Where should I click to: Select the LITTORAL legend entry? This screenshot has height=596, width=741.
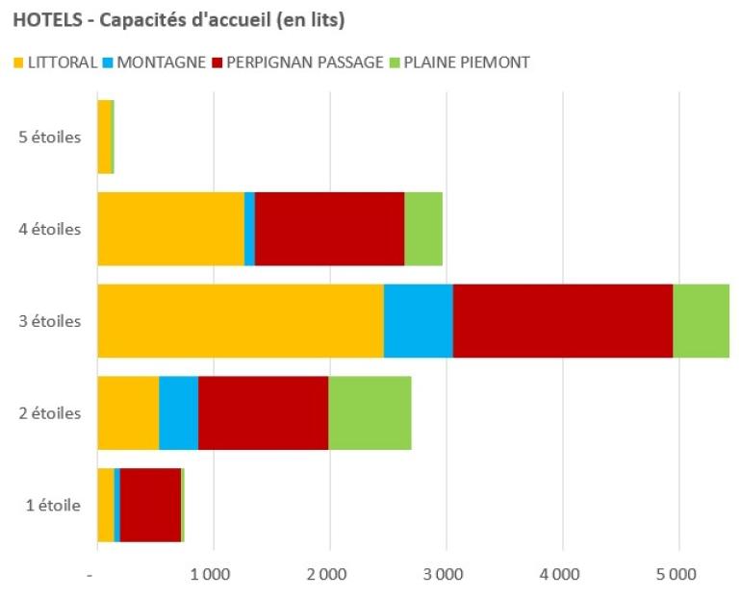(57, 63)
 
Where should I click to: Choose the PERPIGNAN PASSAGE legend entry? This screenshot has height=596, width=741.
(302, 63)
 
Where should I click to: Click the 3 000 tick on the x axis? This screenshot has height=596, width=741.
(446, 576)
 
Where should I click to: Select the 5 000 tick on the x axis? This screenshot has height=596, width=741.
(678, 576)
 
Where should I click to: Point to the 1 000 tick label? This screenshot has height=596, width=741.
(213, 576)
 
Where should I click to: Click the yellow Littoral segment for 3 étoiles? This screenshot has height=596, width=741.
(241, 321)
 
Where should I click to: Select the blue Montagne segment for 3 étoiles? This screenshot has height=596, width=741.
(418, 321)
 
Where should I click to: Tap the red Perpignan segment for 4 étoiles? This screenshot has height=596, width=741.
(329, 229)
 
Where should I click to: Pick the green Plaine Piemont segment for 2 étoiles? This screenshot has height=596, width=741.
(370, 413)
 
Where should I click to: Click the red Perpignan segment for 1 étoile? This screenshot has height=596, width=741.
(150, 506)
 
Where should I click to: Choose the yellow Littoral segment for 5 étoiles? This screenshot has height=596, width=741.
(104, 137)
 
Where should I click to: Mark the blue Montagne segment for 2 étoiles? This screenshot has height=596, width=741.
(178, 413)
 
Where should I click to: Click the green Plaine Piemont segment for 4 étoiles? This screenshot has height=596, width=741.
(423, 229)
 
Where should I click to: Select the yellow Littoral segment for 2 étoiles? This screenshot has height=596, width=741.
(128, 413)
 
